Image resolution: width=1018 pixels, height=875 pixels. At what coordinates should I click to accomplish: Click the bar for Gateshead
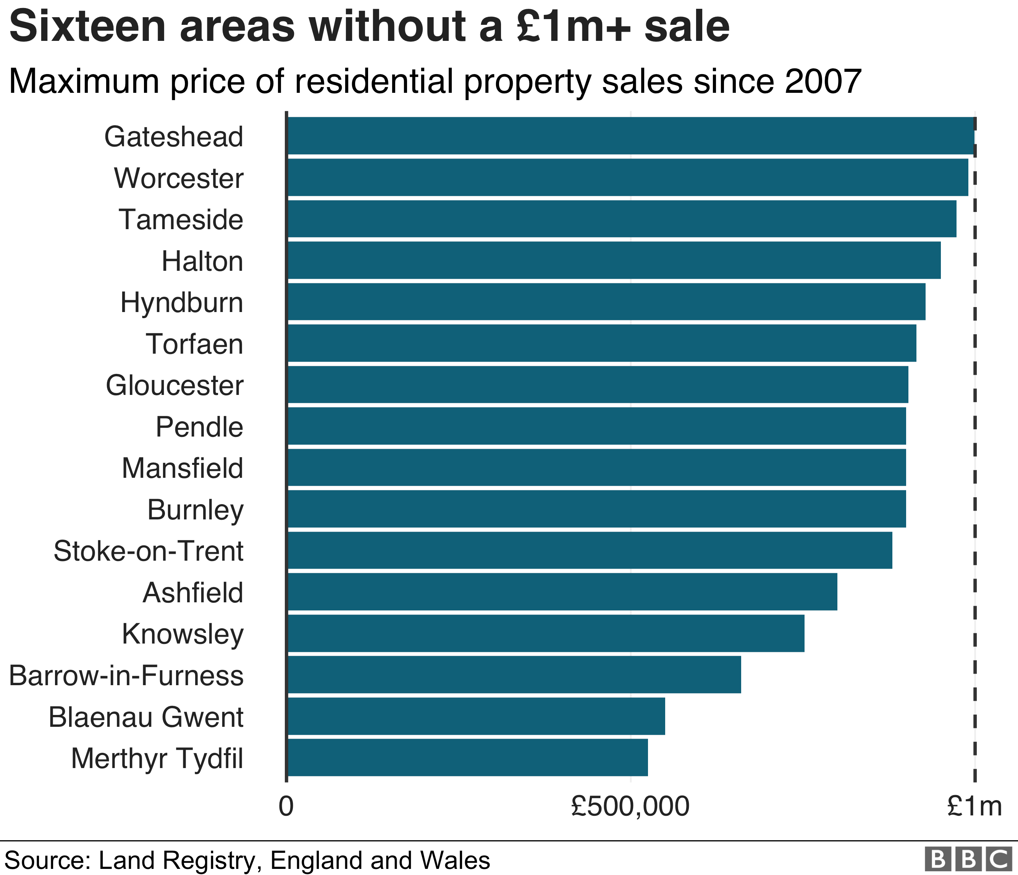pos(630,136)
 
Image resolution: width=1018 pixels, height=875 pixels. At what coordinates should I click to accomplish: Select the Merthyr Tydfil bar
pos(467,757)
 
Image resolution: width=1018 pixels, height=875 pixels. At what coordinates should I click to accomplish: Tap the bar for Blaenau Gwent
pos(476,716)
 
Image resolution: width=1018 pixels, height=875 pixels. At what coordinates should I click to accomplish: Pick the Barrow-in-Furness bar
pos(514,674)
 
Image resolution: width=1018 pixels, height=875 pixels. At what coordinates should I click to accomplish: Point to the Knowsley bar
pos(545,633)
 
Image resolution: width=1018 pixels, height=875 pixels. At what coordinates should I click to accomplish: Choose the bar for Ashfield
pos(562,592)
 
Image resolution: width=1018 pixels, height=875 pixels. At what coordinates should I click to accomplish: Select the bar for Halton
pos(614,260)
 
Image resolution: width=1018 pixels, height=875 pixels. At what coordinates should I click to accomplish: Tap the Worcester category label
pos(179,178)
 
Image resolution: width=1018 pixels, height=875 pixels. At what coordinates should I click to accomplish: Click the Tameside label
pos(181,219)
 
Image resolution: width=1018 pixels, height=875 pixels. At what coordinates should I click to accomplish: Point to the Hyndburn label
pos(182,302)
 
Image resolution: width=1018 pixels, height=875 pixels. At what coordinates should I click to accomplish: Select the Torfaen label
pos(195,344)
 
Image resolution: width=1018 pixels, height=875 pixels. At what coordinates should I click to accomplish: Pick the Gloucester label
pos(175,385)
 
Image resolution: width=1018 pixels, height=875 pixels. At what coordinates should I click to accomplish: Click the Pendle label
pos(199,427)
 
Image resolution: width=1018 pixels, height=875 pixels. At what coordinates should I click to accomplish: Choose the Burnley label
pos(196,509)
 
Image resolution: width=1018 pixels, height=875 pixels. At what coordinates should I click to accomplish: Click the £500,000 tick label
pos(630,806)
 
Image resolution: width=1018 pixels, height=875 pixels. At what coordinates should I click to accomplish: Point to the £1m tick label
pos(974,806)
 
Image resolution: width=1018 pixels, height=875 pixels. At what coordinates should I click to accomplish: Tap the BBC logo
pos(968,858)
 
